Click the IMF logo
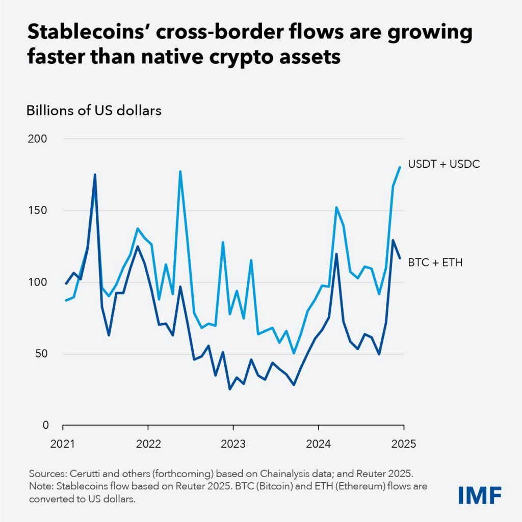tap(480, 494)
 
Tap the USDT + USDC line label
tap(444, 164)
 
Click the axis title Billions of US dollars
tap(94, 111)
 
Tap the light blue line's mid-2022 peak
tap(180, 172)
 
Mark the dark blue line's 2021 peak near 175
tap(95, 175)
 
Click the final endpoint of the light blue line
tap(400, 167)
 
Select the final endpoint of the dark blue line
tap(400, 258)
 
